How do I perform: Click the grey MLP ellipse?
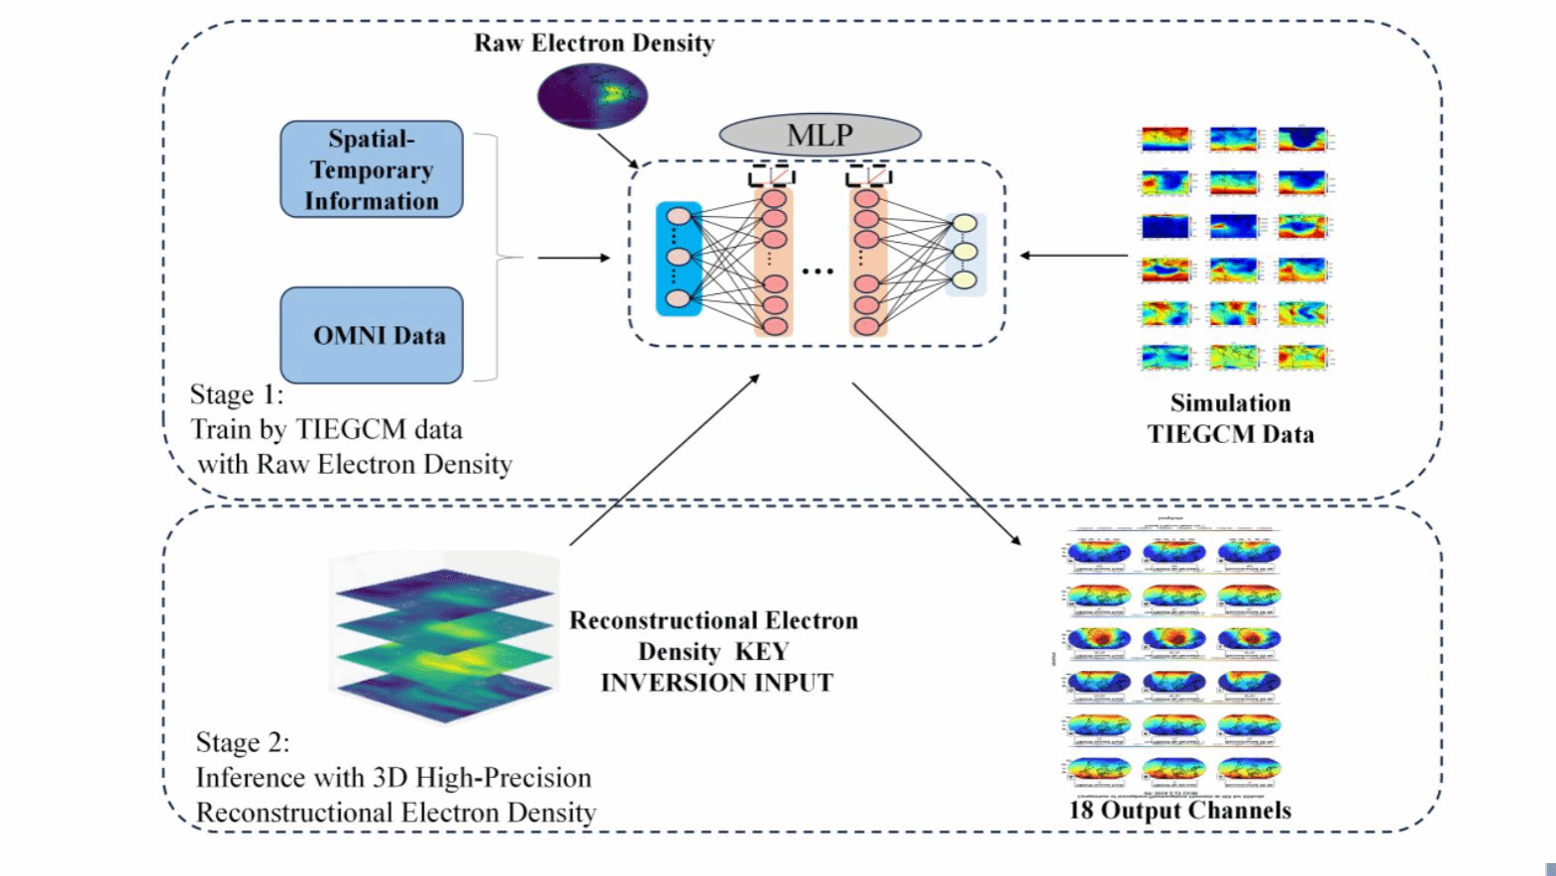(820, 135)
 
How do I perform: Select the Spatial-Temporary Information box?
(372, 169)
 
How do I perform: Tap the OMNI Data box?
(372, 335)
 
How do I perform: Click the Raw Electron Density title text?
(594, 44)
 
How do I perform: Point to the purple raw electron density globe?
(593, 96)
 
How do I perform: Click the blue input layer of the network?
(679, 259)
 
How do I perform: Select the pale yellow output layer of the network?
(964, 254)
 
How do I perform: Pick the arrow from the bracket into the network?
(574, 258)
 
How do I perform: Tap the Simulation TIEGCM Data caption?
(1230, 418)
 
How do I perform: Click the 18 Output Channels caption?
(1179, 811)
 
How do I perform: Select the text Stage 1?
(237, 394)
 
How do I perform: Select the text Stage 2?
(243, 742)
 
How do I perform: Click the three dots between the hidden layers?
(818, 271)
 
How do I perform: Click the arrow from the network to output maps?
(936, 464)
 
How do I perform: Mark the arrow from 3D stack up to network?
(664, 460)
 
